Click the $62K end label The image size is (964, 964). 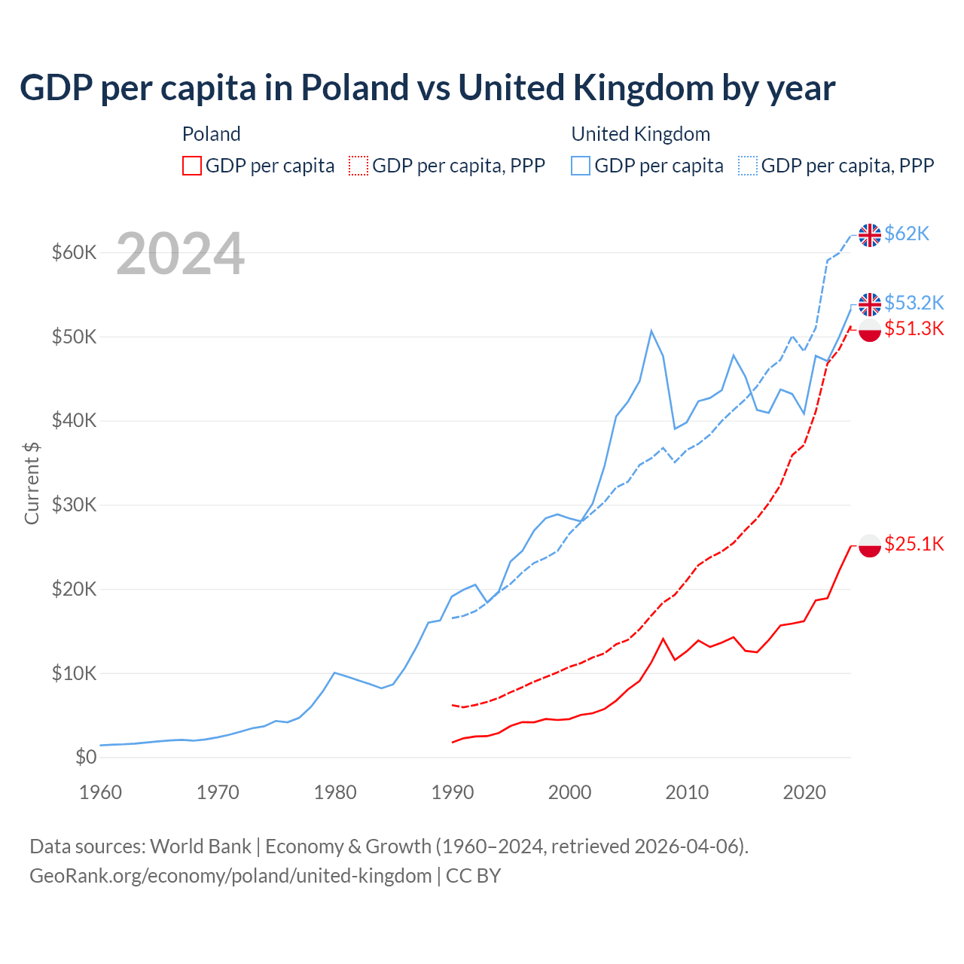point(907,234)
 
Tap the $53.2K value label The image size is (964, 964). point(914,303)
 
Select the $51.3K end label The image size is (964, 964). point(914,328)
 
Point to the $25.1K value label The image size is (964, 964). point(914,544)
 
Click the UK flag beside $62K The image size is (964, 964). point(870,235)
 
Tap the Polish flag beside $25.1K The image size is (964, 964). point(870,545)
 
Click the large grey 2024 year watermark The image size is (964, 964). point(180,255)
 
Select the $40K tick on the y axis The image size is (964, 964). point(74,420)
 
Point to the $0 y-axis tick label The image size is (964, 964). point(86,757)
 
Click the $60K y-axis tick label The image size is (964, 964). point(74,252)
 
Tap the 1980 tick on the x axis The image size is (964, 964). point(335,792)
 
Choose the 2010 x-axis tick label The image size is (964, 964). point(687,792)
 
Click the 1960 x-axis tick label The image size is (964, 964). point(101,792)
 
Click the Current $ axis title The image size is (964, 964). point(32,484)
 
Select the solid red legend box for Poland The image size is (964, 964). point(192,166)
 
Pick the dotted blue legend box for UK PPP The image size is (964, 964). point(748,166)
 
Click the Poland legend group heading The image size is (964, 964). point(212,134)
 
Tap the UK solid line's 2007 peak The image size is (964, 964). point(651,331)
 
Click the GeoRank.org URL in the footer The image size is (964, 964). point(230,876)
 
